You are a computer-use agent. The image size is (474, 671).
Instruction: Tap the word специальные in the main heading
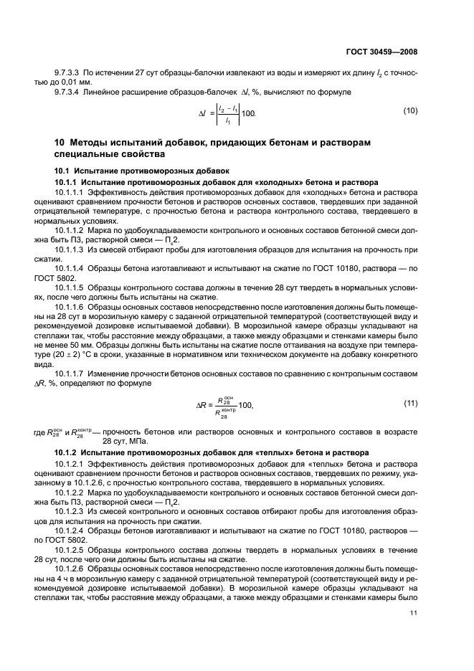(88, 153)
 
